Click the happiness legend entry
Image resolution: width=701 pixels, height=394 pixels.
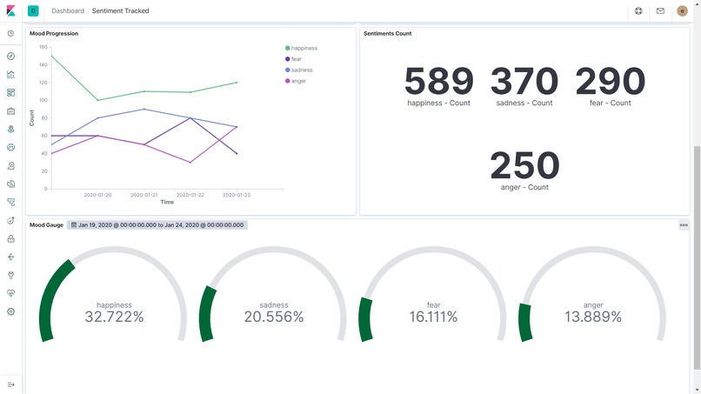coord(304,49)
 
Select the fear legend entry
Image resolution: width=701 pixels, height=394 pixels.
coord(297,59)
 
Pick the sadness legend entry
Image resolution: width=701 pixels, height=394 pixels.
coord(301,70)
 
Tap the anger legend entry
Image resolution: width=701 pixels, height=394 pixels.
coord(298,81)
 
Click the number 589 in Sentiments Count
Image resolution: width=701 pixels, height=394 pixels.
coord(438,82)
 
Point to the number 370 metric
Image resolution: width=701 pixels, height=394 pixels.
coord(524,82)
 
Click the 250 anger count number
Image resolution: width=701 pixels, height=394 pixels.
coord(524,165)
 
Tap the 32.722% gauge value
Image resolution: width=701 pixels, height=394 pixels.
coord(114,317)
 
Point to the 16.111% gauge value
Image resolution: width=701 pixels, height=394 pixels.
coord(433,317)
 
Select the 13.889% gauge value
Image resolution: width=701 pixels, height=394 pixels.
coord(593,317)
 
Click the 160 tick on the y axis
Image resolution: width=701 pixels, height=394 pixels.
coord(43,47)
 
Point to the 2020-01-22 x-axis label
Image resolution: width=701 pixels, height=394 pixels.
coord(190,196)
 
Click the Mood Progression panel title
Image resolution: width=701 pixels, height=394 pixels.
coord(54,34)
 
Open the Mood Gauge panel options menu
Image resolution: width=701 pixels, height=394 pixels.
coord(684,225)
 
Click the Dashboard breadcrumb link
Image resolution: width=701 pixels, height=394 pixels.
coord(68,11)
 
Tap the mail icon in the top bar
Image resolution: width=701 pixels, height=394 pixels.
coord(660,11)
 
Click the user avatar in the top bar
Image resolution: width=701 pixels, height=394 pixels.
coord(682,11)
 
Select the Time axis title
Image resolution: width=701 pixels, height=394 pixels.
coord(167,203)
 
